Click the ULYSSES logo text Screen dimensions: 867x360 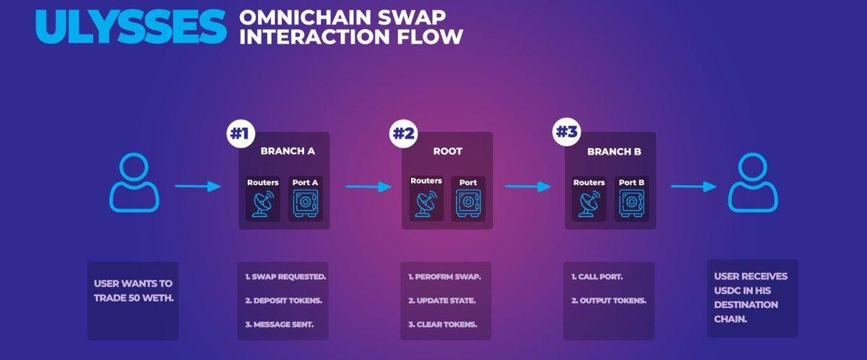point(131,26)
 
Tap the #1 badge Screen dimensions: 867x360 point(241,134)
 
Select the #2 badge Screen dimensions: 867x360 point(403,134)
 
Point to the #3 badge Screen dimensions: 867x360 point(566,132)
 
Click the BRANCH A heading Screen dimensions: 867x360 point(288,151)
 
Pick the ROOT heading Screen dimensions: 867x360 point(448,151)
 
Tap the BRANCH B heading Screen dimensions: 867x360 point(614,152)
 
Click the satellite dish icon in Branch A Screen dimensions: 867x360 point(263,205)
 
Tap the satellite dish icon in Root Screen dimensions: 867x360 point(426,204)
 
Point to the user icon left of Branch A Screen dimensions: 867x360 point(134,182)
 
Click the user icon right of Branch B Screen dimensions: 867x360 point(753,182)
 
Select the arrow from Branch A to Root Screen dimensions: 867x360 point(368,187)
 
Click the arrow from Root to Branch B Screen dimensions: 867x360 point(528,187)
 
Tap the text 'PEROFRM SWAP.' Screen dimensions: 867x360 point(448,277)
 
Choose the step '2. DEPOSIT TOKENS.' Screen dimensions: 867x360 point(284,301)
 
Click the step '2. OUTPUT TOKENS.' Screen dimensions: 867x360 point(609,301)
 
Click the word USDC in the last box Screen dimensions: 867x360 point(727,291)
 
